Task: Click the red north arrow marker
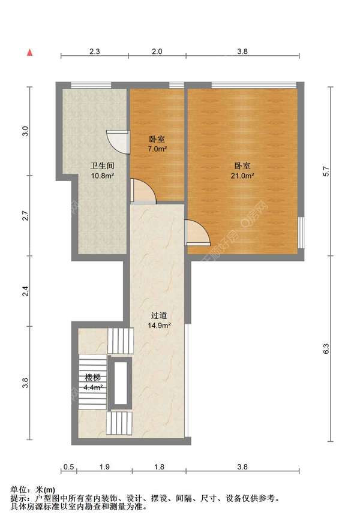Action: (x=30, y=52)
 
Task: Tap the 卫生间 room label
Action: (x=102, y=165)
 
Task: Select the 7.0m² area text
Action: (x=157, y=149)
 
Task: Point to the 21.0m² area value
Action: (x=242, y=175)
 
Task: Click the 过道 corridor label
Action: (x=159, y=315)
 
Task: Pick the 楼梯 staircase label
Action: (x=92, y=378)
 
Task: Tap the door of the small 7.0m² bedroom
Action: (x=143, y=191)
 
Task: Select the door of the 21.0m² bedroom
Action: (x=197, y=233)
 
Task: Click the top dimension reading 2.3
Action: (x=95, y=52)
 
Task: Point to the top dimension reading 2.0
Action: (x=157, y=52)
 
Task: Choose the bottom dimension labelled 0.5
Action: (x=68, y=467)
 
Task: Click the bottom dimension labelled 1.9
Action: (x=104, y=467)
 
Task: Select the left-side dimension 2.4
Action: (x=25, y=291)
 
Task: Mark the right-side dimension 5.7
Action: (x=326, y=171)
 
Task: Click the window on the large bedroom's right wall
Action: (x=301, y=233)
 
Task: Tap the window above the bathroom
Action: (x=91, y=85)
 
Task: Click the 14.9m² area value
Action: (x=159, y=325)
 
